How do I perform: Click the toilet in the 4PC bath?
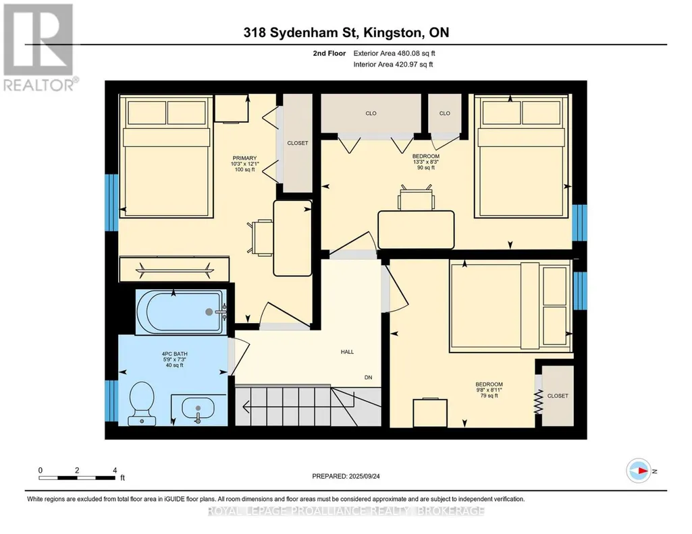point(142,403)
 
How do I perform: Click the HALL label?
point(347,351)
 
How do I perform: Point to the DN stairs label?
point(368,377)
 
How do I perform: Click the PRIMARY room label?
point(244,158)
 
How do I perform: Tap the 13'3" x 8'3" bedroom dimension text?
point(426,162)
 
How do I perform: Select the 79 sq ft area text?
point(489,396)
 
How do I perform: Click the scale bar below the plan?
point(77,477)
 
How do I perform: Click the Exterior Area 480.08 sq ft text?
point(394,53)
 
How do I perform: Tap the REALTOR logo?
point(40,47)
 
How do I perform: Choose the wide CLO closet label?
point(371,113)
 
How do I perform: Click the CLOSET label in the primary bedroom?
point(298,143)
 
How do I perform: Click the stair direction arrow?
point(287,407)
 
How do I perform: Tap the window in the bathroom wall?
point(111,401)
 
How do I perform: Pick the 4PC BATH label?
point(174,354)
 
